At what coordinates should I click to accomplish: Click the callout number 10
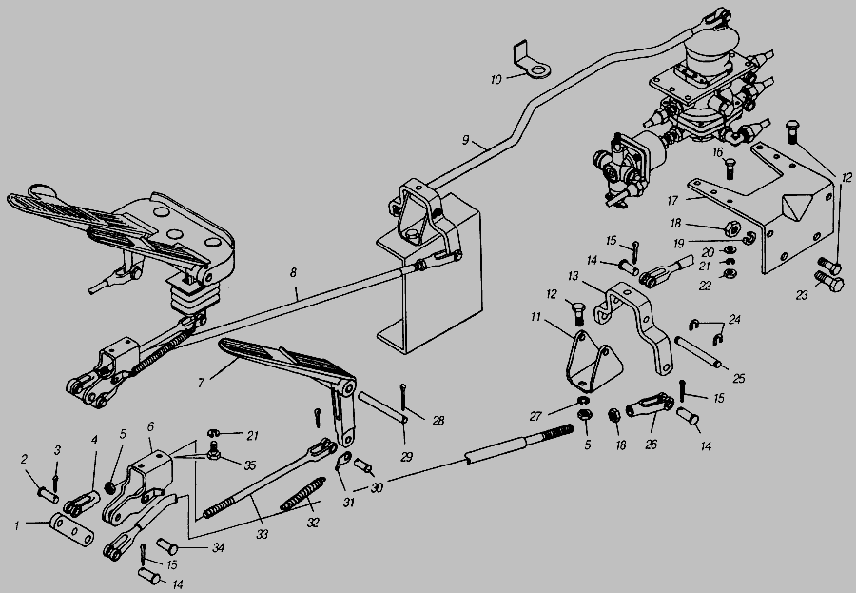pyautogui.click(x=496, y=80)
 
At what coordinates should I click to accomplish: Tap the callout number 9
pyautogui.click(x=466, y=139)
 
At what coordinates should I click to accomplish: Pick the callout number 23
pyautogui.click(x=802, y=295)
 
